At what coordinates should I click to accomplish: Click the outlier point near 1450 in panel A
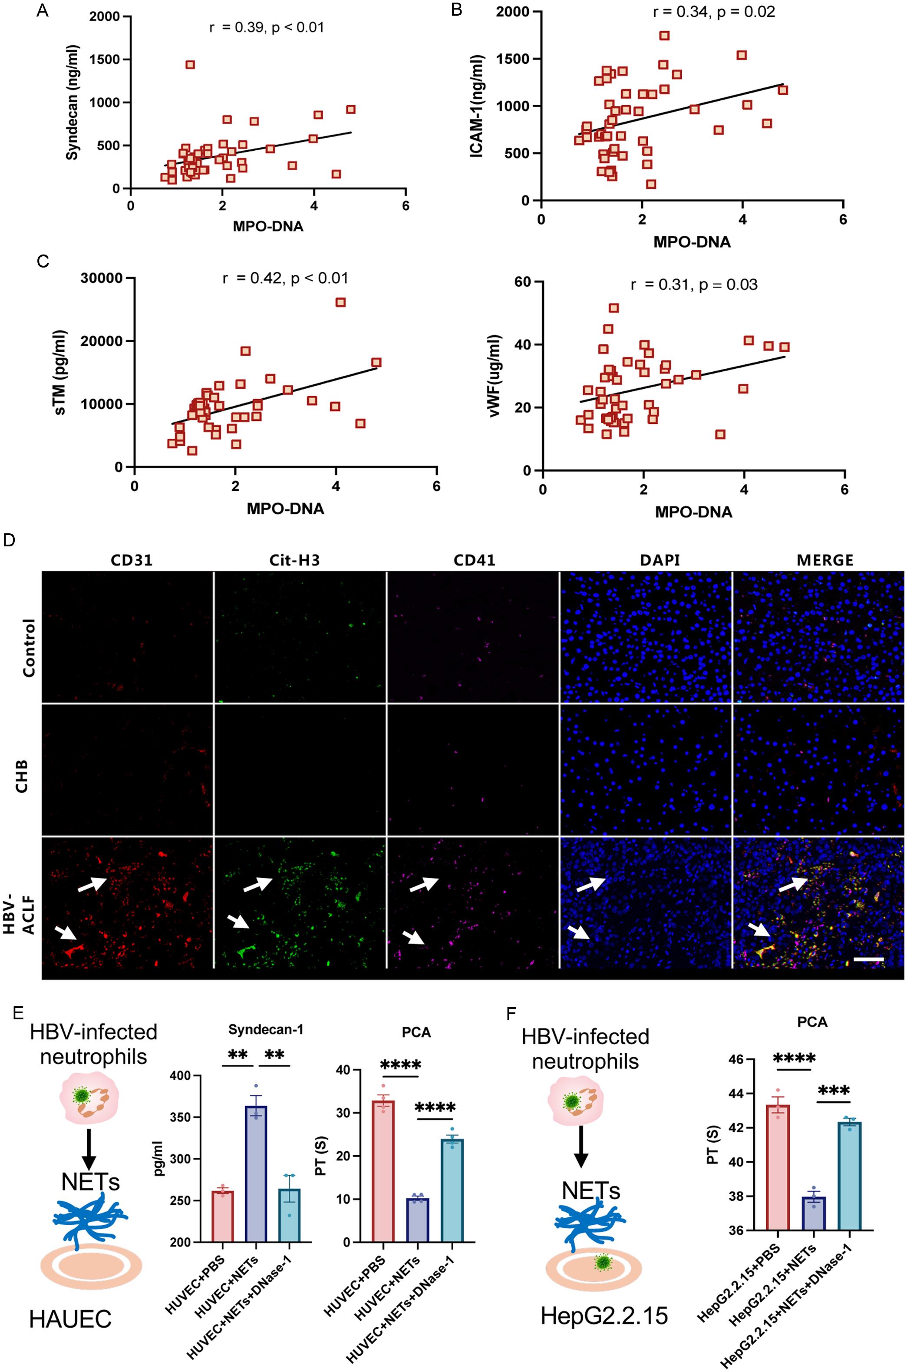[190, 65]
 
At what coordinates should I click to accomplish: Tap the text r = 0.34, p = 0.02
[713, 12]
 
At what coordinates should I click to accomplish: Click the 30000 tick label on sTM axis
[102, 278]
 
